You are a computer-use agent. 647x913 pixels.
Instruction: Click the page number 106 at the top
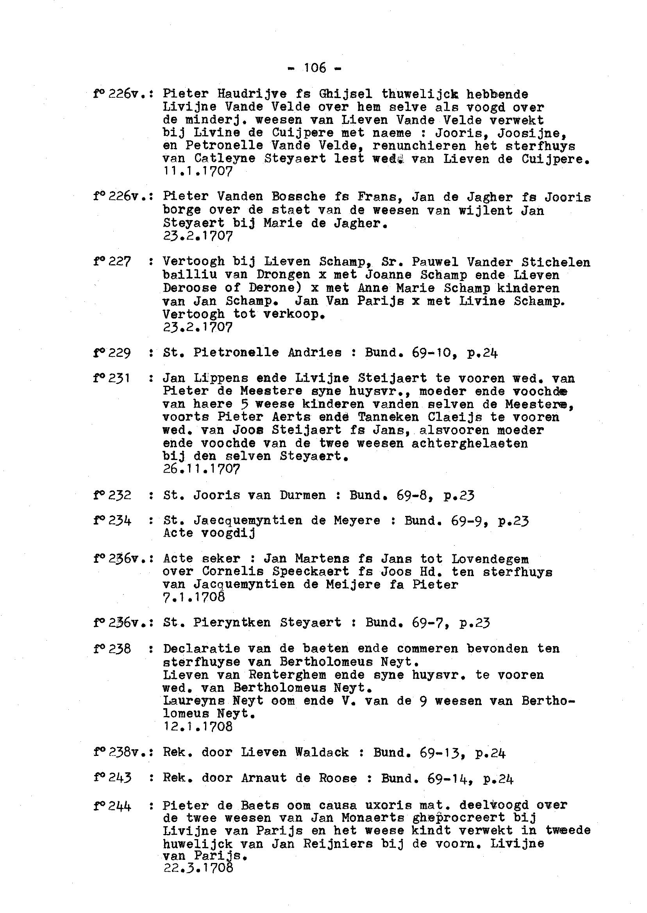point(315,68)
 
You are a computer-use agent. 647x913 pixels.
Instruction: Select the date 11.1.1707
point(198,171)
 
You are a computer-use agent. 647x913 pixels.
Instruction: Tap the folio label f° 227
point(112,262)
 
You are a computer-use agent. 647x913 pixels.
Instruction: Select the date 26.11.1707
point(202,469)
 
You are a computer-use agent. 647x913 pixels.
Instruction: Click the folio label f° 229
point(112,353)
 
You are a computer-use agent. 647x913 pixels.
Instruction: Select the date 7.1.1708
point(194,597)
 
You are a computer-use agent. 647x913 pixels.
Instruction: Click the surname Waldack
point(322,752)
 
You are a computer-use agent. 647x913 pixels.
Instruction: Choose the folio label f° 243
point(112,778)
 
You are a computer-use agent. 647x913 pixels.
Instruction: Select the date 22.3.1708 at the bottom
point(198,868)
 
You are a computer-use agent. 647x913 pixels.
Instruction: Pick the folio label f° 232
point(112,495)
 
